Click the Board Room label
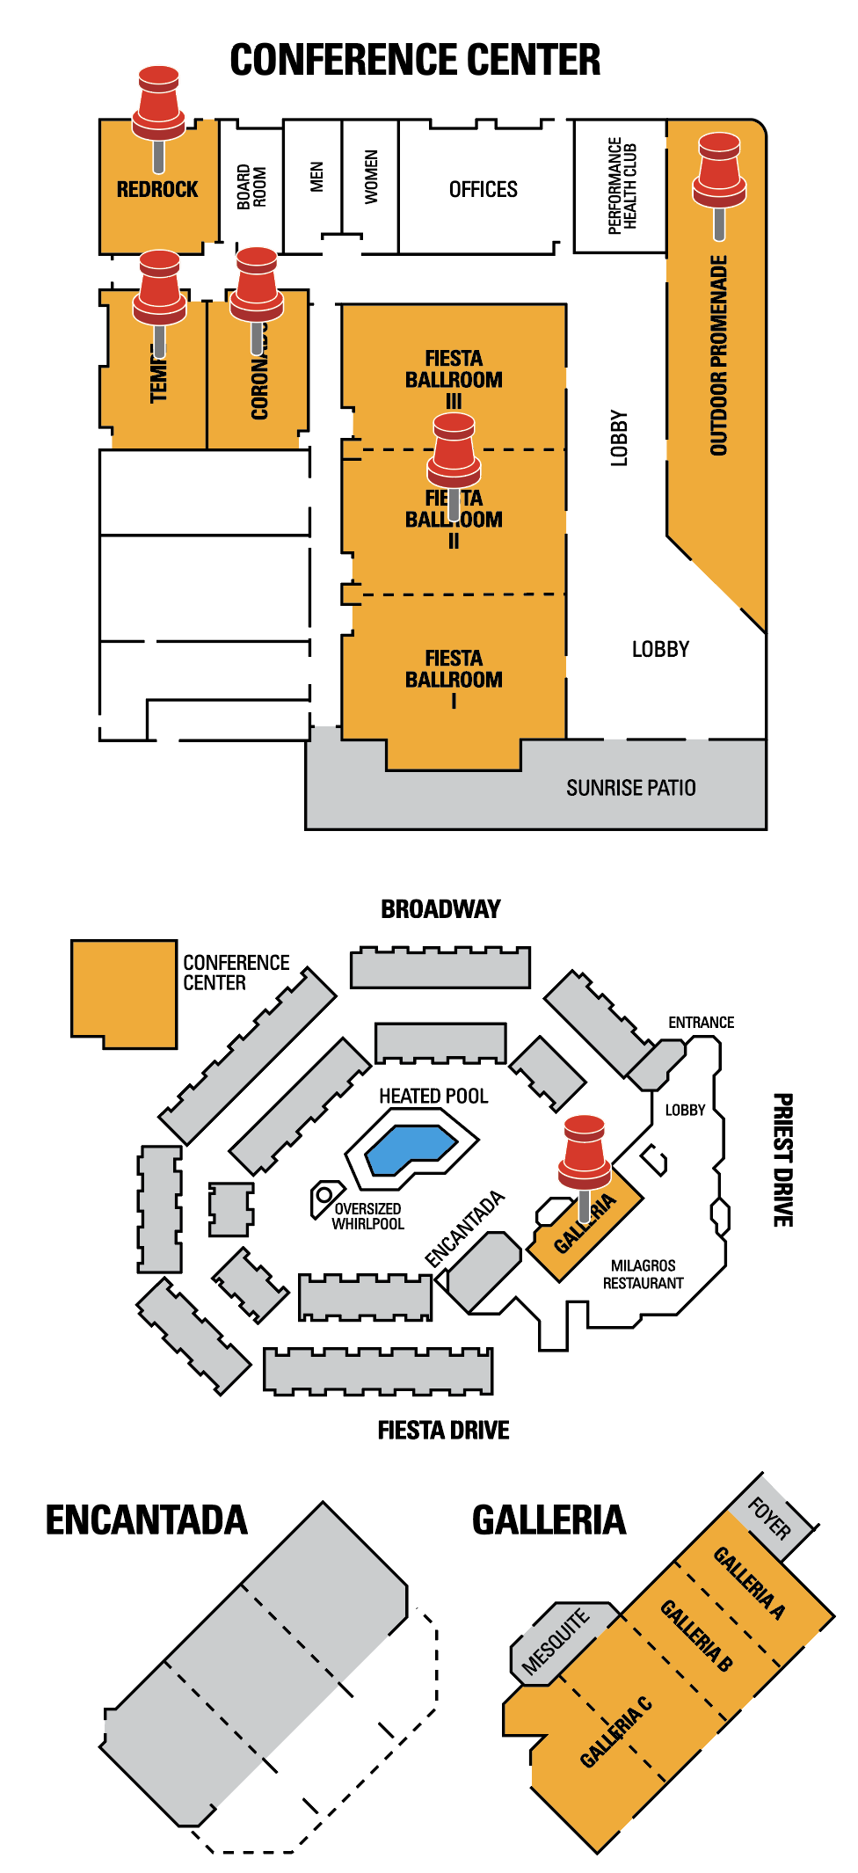tap(251, 186)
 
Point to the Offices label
tap(483, 189)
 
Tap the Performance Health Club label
tap(622, 185)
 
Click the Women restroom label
tap(371, 177)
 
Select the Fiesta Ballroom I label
tap(454, 678)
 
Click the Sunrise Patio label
tap(630, 787)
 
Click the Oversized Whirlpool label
tap(367, 1216)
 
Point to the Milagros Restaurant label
tap(643, 1274)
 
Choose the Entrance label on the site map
tap(701, 1023)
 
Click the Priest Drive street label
tap(782, 1160)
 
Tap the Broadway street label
tap(440, 909)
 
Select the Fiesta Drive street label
tap(443, 1431)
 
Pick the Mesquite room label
tap(555, 1642)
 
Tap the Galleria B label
tap(696, 1635)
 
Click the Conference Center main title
tap(415, 60)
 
